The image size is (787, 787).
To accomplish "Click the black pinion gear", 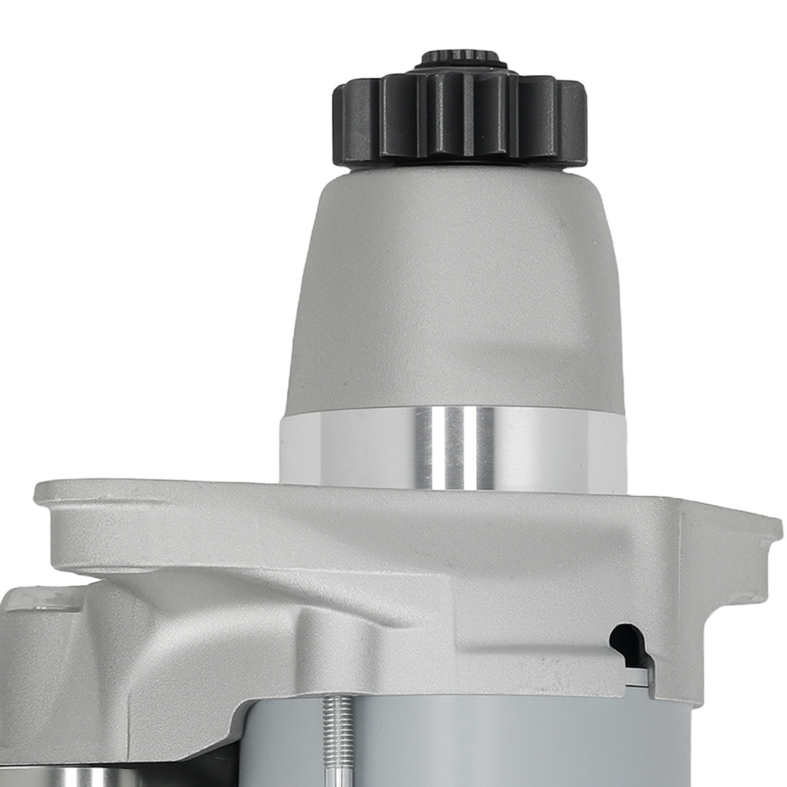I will pyautogui.click(x=460, y=118).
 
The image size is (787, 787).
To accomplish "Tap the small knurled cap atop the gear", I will pyautogui.click(x=460, y=59).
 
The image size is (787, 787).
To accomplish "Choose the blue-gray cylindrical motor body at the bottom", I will pyautogui.click(x=512, y=740).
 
